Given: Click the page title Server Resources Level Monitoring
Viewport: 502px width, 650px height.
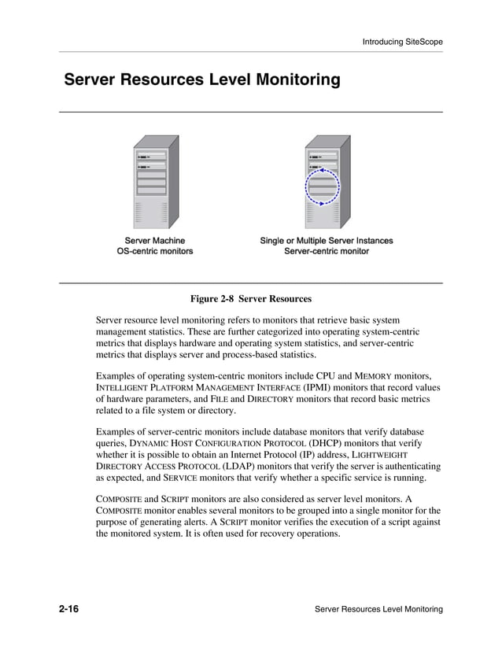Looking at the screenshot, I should point(201,80).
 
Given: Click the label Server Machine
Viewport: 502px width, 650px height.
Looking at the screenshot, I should point(155,241).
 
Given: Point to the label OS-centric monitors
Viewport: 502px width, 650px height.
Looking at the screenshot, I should point(155,252).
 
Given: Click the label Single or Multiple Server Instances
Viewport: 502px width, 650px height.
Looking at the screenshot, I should point(326,241).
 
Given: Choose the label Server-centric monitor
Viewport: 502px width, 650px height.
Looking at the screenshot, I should point(326,252).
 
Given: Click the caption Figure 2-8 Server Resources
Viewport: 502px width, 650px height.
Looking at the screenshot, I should point(251,299).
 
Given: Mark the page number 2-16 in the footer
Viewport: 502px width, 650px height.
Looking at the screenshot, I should point(72,610).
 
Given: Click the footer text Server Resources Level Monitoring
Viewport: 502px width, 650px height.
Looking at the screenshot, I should point(378,610).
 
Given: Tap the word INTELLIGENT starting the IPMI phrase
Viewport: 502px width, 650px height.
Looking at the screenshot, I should point(123,388).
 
